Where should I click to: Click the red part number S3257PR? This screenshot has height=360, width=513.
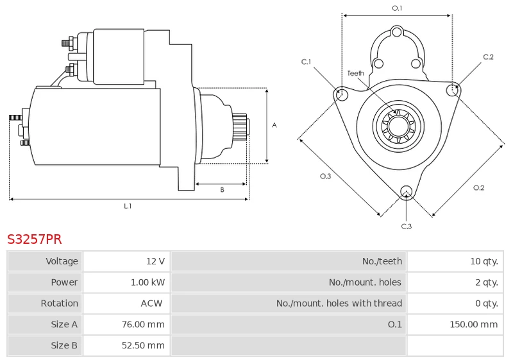pos(35,239)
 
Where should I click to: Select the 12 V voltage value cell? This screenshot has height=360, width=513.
pos(126,261)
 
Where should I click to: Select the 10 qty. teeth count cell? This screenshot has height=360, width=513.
pos(455,261)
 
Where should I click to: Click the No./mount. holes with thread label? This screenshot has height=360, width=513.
pos(339,304)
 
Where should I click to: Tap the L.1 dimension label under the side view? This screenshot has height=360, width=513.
pos(128,206)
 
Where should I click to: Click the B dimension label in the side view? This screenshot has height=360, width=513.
pos(222,190)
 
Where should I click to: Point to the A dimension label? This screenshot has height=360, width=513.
pos(274,125)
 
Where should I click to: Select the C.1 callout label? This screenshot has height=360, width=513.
pos(307,62)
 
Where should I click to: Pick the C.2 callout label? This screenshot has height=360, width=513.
pos(488,57)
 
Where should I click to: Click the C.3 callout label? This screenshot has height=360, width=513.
pos(407,227)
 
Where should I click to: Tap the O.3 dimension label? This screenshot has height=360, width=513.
pos(326,176)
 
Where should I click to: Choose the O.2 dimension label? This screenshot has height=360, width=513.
pos(478,187)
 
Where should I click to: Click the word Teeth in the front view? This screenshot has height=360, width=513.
pos(356,73)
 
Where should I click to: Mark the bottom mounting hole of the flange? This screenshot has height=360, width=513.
pos(407,191)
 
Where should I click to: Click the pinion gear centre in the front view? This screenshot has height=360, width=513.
pos(398,126)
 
